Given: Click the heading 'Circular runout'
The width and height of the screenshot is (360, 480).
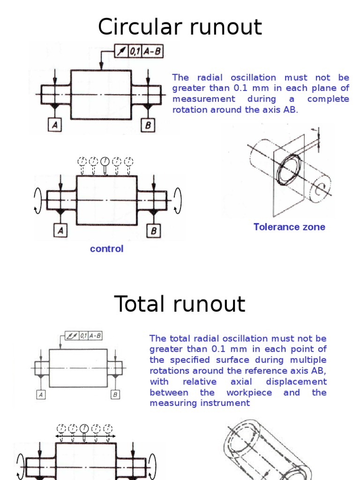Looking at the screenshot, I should point(180,27).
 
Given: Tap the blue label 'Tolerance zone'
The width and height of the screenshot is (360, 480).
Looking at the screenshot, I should point(289,227).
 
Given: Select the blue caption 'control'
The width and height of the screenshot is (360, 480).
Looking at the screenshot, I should point(107,249).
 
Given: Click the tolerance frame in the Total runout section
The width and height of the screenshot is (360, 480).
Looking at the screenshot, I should point(84,336).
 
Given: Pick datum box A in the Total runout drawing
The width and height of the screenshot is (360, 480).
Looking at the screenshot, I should point(41,395).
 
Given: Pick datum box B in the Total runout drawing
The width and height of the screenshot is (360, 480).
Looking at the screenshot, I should point(115,395).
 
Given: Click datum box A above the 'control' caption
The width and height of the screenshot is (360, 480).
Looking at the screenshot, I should point(60,231).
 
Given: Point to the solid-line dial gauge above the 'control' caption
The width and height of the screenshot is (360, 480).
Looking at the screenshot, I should point(105,165).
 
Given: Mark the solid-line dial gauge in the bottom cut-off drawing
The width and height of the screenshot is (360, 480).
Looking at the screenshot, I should point(84,430).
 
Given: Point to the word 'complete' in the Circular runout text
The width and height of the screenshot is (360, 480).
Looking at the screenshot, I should point(328,99).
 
